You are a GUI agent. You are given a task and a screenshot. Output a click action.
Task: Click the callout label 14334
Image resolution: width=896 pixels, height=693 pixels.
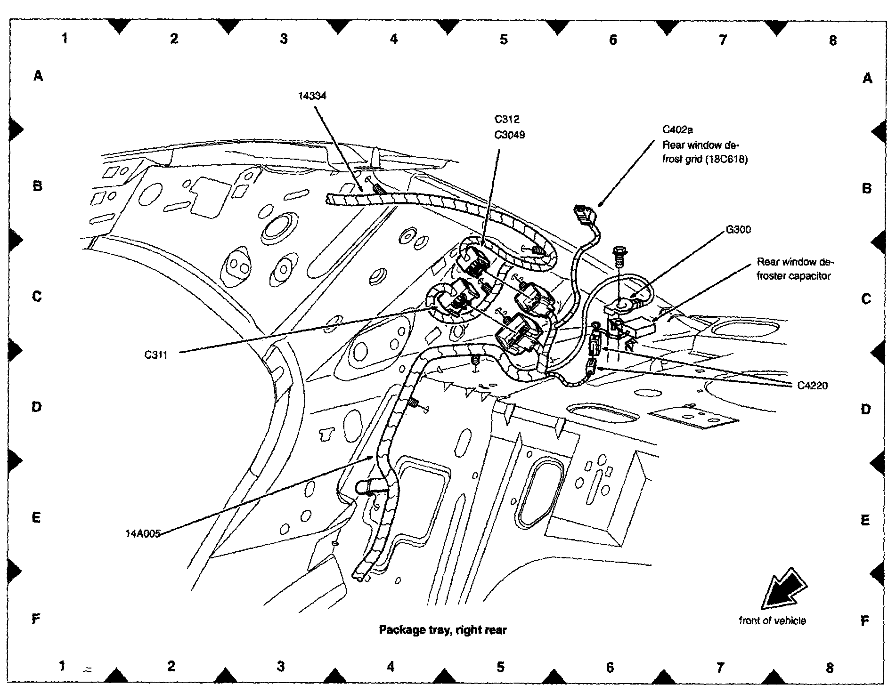pos(312,96)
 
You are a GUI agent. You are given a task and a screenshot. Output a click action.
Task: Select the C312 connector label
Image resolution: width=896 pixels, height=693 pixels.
pos(507,119)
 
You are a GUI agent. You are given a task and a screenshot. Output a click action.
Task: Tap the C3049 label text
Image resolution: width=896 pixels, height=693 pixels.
pos(509,135)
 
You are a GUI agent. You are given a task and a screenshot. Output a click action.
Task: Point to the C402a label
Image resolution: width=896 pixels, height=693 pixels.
pos(677,129)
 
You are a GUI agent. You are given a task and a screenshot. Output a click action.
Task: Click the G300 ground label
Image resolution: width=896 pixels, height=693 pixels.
pos(738,230)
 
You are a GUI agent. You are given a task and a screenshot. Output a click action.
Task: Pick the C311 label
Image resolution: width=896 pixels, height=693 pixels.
pos(156,355)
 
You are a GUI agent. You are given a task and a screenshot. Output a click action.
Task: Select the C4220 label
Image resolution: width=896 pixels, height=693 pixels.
pos(812,386)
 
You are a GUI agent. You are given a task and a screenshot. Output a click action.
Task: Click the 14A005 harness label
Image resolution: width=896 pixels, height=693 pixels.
pos(143,534)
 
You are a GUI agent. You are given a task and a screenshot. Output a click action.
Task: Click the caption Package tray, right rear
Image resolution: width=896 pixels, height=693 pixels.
pos(442,630)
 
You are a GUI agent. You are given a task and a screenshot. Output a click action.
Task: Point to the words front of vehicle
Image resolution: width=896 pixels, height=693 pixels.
pos(772,621)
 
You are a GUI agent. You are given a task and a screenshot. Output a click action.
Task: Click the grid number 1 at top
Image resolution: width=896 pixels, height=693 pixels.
pos(65,38)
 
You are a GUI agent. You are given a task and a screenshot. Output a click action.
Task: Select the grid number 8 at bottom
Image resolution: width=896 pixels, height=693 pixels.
pos(830,668)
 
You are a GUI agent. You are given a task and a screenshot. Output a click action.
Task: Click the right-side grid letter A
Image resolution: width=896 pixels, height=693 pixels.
pos(867,78)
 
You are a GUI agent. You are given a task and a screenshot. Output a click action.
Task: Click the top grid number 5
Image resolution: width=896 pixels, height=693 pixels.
pos(504,39)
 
